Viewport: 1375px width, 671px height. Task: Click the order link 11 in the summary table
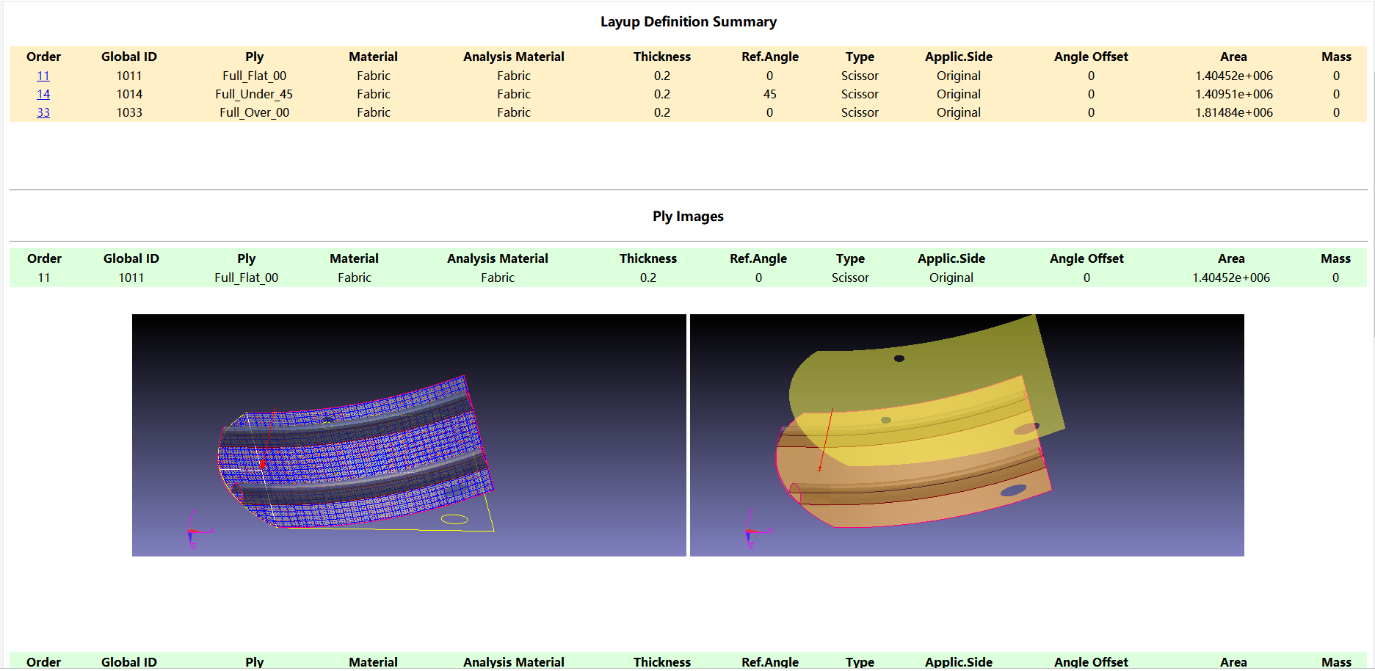pos(43,76)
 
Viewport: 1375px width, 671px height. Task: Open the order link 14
pos(43,94)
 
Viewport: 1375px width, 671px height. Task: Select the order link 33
pos(43,112)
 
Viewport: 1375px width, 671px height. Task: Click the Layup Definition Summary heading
pos(688,22)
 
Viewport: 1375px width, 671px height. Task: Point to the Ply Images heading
pos(688,217)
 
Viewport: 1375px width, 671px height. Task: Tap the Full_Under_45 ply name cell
pos(254,94)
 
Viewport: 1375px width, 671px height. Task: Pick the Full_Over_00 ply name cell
pos(254,112)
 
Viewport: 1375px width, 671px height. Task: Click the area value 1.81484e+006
pos(1233,112)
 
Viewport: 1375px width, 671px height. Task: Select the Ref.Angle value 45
pos(769,94)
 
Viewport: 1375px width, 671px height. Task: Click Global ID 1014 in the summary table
pos(129,94)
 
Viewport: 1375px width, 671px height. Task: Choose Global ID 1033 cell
pos(129,112)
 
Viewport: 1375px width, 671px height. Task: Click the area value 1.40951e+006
pos(1233,94)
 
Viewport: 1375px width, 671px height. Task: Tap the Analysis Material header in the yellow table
pos(513,57)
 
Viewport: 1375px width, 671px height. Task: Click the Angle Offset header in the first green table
pos(1086,258)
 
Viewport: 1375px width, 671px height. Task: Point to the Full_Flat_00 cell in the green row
pos(246,278)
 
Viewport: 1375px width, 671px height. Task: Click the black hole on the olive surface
pos(899,358)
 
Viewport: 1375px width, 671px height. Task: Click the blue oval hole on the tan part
pos(1013,490)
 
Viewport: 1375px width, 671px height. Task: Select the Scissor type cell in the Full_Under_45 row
pos(860,94)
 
